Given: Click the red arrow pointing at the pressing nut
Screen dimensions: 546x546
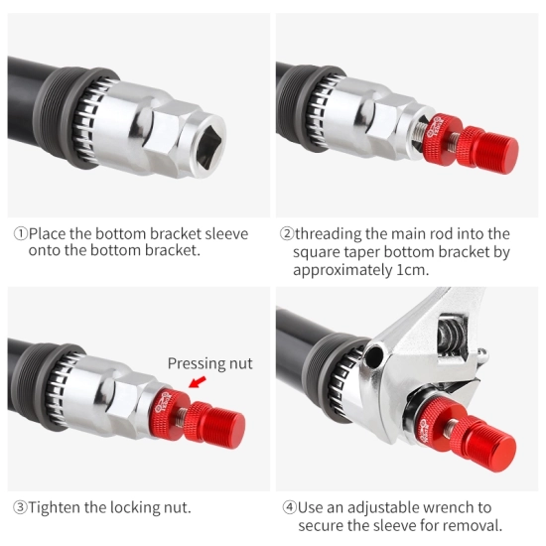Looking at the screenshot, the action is (x=198, y=382).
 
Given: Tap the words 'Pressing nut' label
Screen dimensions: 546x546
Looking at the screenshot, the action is (x=210, y=363).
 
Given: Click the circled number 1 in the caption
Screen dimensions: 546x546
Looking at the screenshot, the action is (x=20, y=233).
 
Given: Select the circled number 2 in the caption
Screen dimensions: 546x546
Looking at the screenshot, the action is (x=287, y=233).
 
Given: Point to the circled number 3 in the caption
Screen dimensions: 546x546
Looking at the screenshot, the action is (x=20, y=507).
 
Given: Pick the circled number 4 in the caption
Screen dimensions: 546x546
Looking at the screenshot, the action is (x=289, y=507).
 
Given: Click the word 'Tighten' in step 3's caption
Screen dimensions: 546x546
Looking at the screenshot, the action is (x=55, y=507).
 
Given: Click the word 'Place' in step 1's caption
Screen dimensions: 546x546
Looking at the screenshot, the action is (x=48, y=233).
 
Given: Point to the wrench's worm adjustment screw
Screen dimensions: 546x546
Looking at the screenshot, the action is (x=452, y=335).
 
